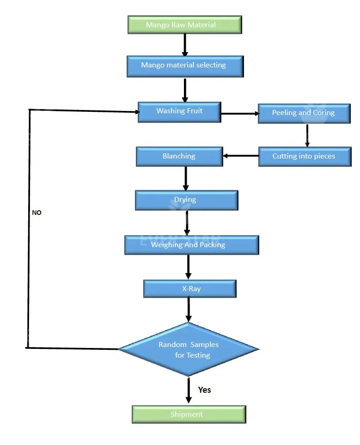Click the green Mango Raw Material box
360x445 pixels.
(x=184, y=25)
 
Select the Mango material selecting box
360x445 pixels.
(x=185, y=66)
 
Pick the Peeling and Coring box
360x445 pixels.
(x=304, y=113)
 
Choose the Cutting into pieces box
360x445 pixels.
(x=305, y=157)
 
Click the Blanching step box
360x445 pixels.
(x=179, y=157)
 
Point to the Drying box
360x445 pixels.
(x=186, y=200)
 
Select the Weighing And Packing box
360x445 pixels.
(x=191, y=245)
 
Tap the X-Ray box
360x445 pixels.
(x=190, y=289)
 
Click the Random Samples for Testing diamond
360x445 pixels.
(x=189, y=349)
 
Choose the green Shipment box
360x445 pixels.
(x=189, y=414)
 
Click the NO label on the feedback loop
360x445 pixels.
(x=37, y=213)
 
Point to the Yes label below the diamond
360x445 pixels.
(x=204, y=390)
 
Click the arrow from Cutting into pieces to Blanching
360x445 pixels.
(x=241, y=156)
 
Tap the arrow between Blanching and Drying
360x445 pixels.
(x=186, y=178)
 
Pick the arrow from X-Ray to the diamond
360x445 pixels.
(x=189, y=309)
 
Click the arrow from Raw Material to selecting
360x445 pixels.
(x=185, y=45)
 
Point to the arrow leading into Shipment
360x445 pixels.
(x=189, y=391)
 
